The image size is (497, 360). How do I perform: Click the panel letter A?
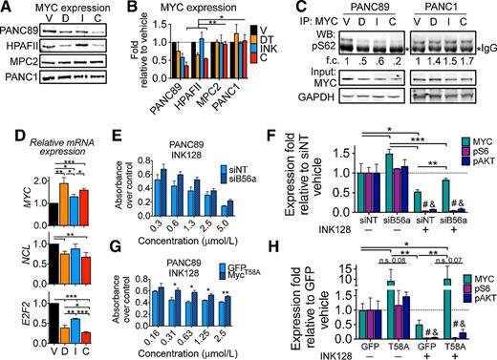[x=7, y=9]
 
